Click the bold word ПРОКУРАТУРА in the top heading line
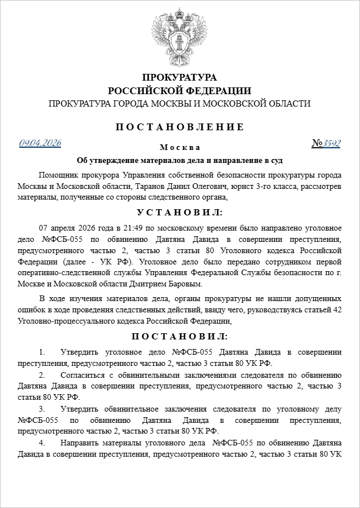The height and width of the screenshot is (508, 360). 179,77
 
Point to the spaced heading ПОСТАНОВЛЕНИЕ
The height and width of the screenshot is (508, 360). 179,127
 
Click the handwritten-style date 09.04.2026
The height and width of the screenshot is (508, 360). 40,143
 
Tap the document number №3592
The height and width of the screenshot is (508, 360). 326,143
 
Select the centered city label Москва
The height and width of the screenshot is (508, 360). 179,148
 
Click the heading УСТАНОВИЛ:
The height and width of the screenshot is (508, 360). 179,213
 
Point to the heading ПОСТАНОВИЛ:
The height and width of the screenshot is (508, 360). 179,337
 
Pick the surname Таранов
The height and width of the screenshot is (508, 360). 147,185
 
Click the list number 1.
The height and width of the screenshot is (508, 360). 41,352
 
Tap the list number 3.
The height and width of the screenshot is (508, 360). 41,409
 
